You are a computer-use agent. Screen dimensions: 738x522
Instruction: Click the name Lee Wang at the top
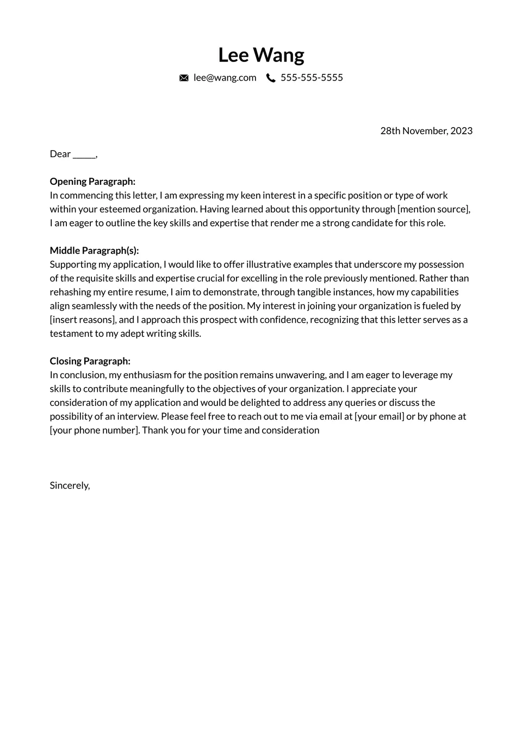tap(261, 55)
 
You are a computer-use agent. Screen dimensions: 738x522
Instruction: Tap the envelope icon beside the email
tap(184, 78)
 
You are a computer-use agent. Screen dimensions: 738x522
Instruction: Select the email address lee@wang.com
tap(225, 78)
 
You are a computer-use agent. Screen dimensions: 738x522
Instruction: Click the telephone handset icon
tap(271, 78)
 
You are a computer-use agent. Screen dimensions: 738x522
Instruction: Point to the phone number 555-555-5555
tap(312, 78)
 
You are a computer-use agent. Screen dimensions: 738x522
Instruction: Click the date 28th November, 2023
tap(426, 131)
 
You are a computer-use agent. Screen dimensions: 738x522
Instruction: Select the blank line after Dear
tap(84, 154)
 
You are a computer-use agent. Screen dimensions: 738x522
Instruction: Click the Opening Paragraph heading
tap(92, 182)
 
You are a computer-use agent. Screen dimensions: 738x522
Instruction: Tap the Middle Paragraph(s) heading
tap(94, 251)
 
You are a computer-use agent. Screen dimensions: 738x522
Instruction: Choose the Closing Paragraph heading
tap(90, 361)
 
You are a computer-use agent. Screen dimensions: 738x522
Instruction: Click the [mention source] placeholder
tap(433, 209)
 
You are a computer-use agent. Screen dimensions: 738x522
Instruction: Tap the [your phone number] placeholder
tap(95, 430)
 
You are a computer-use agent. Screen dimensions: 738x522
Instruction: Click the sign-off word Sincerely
tap(70, 485)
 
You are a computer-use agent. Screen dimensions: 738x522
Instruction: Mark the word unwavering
tap(301, 375)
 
